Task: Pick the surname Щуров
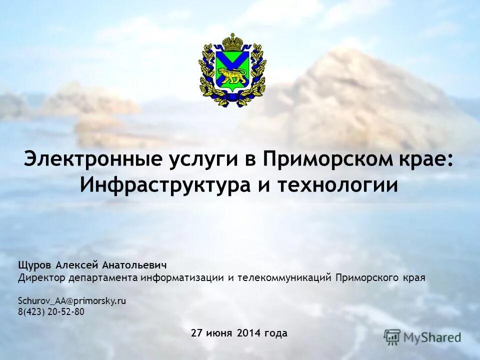pos(35,264)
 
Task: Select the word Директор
pos(38,277)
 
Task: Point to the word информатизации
pos(182,277)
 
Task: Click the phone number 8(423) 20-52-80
pos(51,312)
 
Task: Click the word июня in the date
pos(221,333)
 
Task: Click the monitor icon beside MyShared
pos(392,336)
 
